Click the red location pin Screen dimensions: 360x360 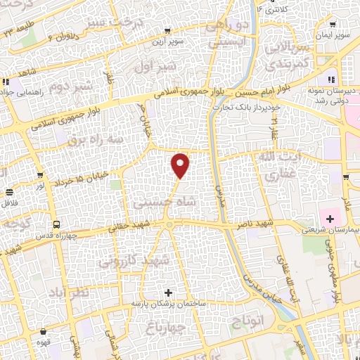181,165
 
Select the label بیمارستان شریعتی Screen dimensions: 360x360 329,230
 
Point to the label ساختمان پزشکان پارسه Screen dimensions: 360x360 167,302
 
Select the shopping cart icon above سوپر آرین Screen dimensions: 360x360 167,31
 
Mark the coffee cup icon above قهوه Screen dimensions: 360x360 45,330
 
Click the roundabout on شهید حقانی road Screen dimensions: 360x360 169,225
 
